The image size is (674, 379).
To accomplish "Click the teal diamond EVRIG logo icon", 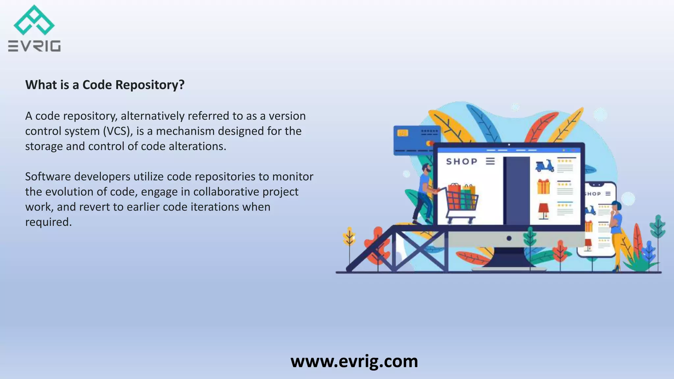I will [34, 20].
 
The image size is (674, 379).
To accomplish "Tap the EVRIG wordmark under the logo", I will [34, 46].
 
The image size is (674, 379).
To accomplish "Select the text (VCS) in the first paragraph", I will [118, 131].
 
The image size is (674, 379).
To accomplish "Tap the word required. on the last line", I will [48, 222].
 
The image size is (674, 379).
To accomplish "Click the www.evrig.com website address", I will [354, 361].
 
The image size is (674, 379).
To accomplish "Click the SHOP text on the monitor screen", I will [462, 162].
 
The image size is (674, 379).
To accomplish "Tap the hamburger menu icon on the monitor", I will [490, 161].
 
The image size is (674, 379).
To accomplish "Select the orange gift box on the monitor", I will [543, 187].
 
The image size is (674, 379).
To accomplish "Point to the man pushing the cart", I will [424, 194].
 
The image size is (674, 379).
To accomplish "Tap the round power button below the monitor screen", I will [509, 238].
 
